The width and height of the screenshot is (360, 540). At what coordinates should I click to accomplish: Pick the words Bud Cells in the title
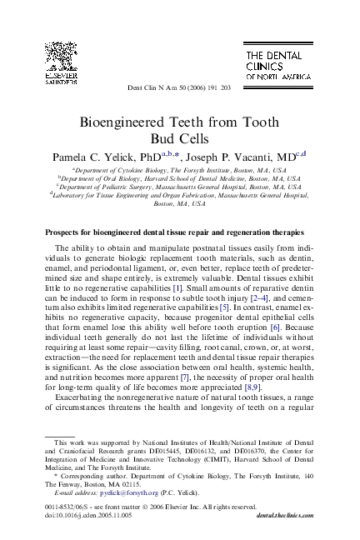(x=178, y=137)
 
